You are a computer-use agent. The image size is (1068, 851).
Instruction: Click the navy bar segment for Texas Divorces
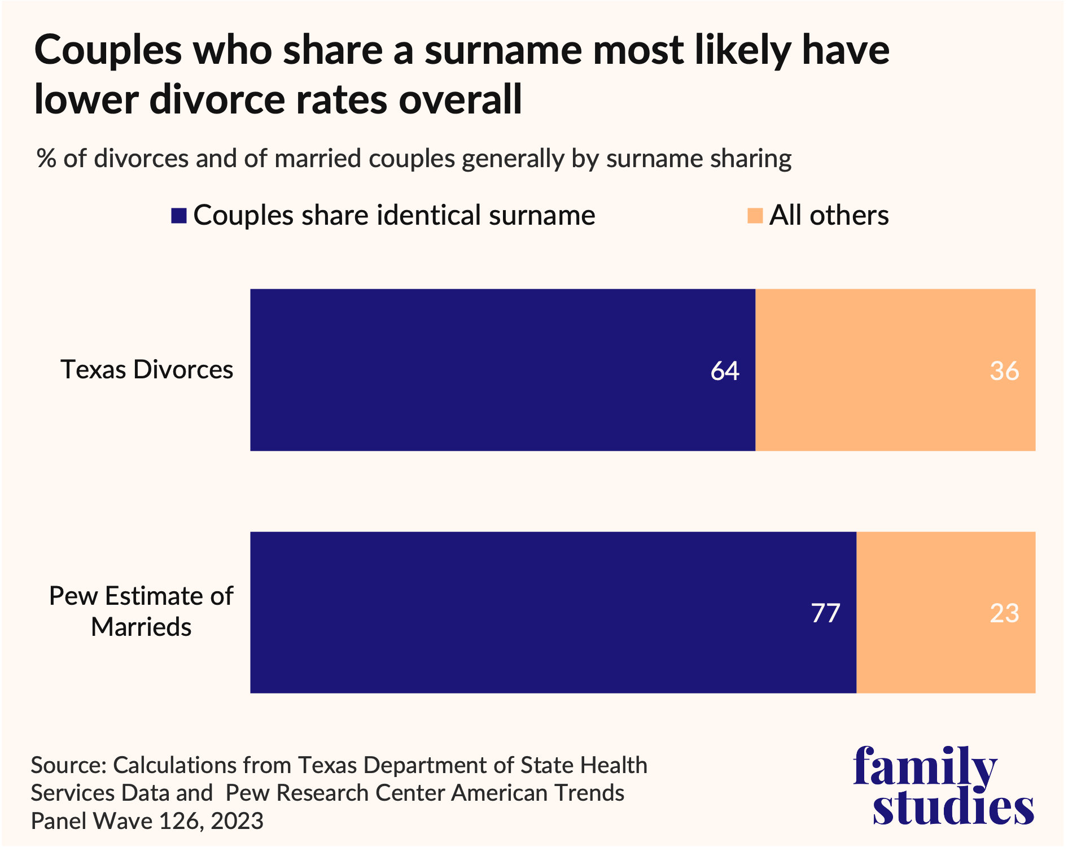click(x=502, y=370)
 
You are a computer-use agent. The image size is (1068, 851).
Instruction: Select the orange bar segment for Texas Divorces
click(x=895, y=370)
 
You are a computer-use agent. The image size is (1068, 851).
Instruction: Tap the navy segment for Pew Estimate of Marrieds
click(x=553, y=612)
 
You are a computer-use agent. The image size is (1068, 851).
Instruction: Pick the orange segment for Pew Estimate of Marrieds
click(x=946, y=612)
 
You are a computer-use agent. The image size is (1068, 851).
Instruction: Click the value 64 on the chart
click(x=725, y=371)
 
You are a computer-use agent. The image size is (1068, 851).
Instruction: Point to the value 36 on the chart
click(x=1004, y=371)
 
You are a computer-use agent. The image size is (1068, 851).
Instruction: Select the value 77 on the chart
click(x=826, y=613)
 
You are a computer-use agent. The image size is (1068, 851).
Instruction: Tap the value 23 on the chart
click(x=1004, y=613)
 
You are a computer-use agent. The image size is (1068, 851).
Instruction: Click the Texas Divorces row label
click(x=147, y=370)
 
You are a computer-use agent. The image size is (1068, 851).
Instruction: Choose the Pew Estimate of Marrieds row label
click(x=141, y=611)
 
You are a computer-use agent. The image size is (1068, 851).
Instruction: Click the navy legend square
click(x=179, y=216)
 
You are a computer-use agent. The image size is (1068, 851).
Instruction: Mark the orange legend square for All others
click(x=755, y=216)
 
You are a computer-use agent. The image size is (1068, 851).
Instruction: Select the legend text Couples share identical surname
click(x=394, y=216)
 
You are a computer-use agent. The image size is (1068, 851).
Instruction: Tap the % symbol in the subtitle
click(x=46, y=159)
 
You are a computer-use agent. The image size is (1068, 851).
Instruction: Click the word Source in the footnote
click(x=68, y=765)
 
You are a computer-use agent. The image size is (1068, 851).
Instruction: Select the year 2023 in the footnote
click(x=237, y=821)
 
